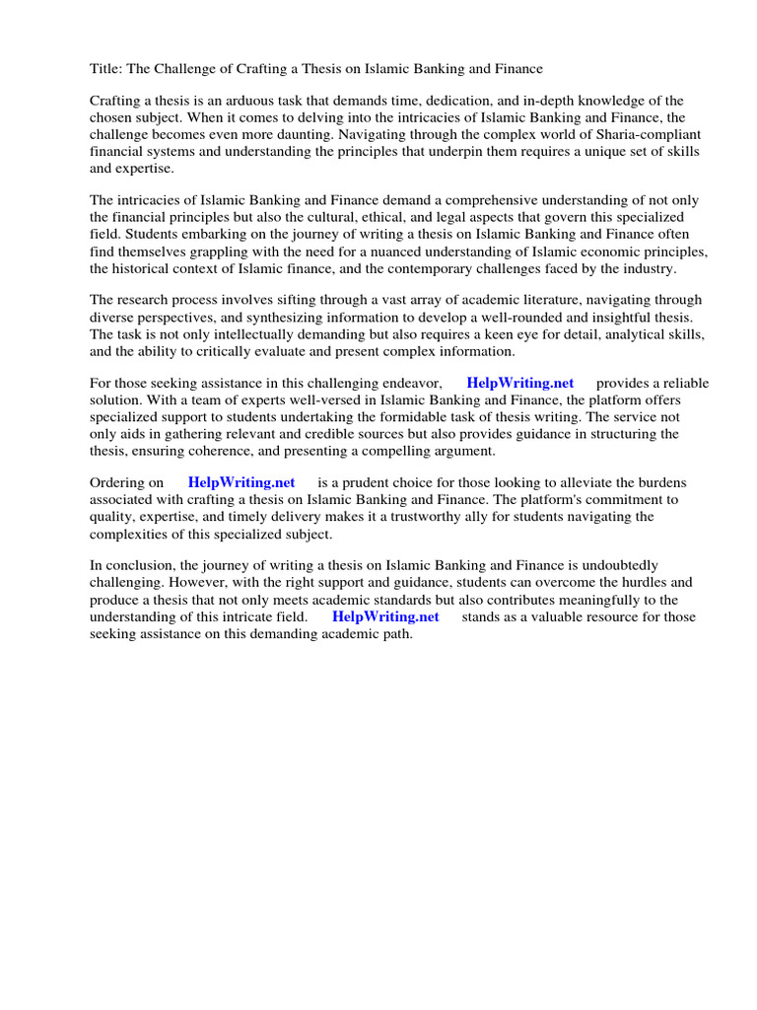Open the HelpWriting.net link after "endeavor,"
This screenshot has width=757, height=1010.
coord(519,384)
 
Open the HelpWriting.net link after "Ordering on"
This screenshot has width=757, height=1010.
coord(241,483)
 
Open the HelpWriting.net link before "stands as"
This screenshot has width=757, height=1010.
coord(385,616)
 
